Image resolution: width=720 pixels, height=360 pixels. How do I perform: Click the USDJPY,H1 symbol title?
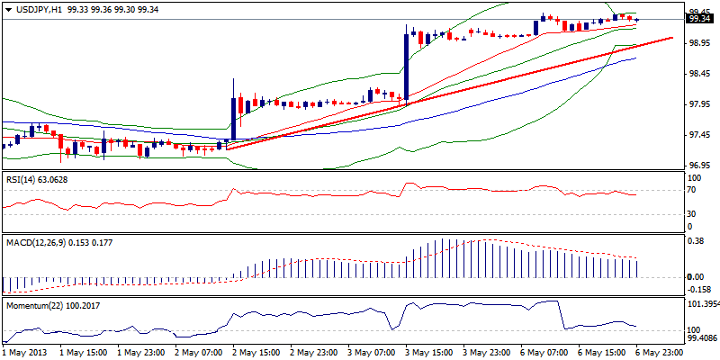coord(36,6)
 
